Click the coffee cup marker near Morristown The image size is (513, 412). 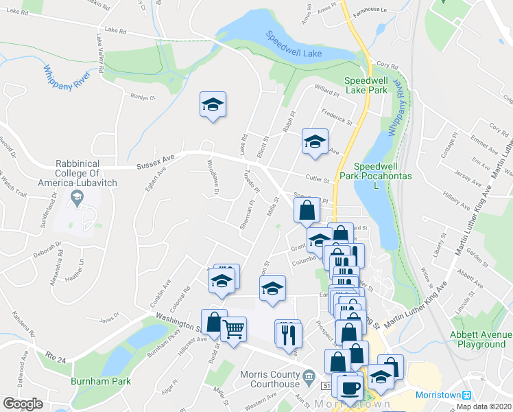[350, 387]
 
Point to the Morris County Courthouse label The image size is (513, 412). [270, 379]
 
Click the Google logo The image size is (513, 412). [23, 404]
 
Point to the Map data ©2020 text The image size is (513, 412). [484, 407]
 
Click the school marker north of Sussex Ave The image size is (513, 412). [213, 106]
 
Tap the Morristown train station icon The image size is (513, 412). [467, 395]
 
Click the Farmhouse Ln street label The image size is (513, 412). [374, 12]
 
